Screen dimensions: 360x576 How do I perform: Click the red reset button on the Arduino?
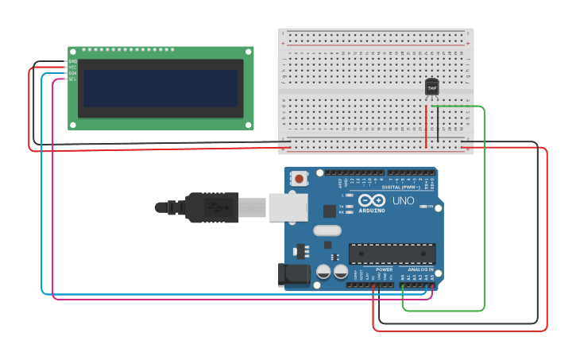tap(300, 179)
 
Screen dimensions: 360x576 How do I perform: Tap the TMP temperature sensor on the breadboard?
tap(432, 87)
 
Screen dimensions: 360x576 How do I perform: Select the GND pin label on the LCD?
tap(72, 61)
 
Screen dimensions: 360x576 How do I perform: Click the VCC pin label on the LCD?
tap(72, 68)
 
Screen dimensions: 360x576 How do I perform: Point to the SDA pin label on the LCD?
tap(72, 73)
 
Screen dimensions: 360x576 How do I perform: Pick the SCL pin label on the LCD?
tap(72, 79)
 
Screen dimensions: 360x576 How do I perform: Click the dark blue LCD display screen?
tap(160, 88)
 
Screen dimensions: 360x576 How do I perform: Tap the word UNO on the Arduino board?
tap(403, 201)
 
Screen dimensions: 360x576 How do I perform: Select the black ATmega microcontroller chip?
tap(392, 254)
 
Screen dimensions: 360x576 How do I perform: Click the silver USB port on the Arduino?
tap(287, 207)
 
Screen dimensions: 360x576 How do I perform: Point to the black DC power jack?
tap(293, 275)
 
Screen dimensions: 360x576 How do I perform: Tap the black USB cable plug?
tap(211, 207)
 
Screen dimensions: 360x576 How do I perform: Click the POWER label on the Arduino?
tap(384, 269)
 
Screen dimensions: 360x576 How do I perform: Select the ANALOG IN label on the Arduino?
tap(420, 269)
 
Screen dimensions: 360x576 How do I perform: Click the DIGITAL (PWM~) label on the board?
tap(402, 188)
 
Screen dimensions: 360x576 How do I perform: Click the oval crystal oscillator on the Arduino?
tap(327, 231)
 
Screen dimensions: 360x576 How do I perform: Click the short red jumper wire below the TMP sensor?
tap(427, 123)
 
